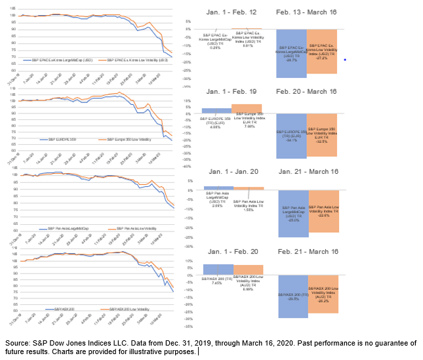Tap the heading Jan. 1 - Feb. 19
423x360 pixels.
(x=227, y=92)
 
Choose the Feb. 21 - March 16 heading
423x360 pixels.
(x=307, y=251)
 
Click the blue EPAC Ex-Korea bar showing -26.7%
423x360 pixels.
(x=292, y=52)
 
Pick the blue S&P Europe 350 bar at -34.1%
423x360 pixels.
(x=292, y=135)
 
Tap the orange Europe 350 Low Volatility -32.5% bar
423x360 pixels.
(x=322, y=134)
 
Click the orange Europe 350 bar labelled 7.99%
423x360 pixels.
(x=247, y=109)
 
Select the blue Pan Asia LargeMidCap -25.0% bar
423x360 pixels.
(x=294, y=212)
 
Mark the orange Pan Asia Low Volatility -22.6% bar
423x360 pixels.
(x=323, y=210)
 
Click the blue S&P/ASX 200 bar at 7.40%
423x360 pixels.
(x=218, y=270)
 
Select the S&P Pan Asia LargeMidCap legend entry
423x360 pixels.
(x=68, y=228)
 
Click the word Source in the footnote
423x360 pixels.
(x=18, y=343)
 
